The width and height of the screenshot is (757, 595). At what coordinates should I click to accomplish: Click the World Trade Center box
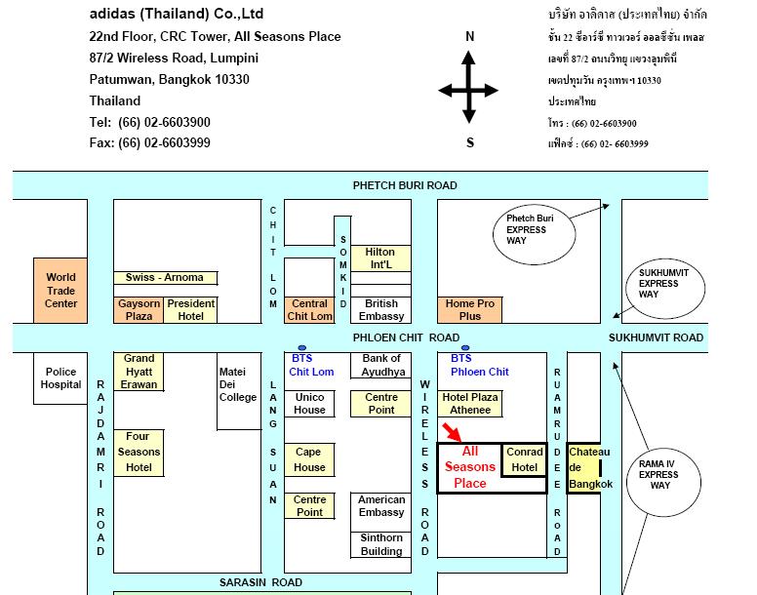60,291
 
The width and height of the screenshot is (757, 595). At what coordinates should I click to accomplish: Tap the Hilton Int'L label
380,258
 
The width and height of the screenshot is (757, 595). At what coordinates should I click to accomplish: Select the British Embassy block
380,310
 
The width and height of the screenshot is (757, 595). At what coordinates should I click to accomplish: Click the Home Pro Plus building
470,310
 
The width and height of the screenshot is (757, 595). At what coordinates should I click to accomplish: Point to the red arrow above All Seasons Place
452,432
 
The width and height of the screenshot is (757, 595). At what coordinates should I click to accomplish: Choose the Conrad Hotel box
524,459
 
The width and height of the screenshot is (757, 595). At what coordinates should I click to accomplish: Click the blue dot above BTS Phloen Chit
465,347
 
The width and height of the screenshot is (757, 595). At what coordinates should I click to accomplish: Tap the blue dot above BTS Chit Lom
302,347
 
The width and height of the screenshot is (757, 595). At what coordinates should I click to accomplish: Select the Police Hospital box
60,378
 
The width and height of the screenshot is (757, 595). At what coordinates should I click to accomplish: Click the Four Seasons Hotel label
139,453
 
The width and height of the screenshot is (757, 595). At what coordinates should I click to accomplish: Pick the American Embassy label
381,505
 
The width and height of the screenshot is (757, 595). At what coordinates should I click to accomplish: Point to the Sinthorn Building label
381,544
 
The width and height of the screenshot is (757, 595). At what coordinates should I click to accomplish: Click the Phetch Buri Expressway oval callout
534,233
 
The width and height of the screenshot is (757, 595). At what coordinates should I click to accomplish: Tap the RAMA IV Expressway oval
663,482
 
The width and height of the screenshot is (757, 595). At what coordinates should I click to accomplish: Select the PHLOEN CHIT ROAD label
406,337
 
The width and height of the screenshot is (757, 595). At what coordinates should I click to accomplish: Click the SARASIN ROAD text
260,582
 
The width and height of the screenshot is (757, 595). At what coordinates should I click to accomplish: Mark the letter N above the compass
470,36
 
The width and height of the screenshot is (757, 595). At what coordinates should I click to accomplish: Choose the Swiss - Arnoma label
165,277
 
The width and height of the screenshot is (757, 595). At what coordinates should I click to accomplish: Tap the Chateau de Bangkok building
584,467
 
